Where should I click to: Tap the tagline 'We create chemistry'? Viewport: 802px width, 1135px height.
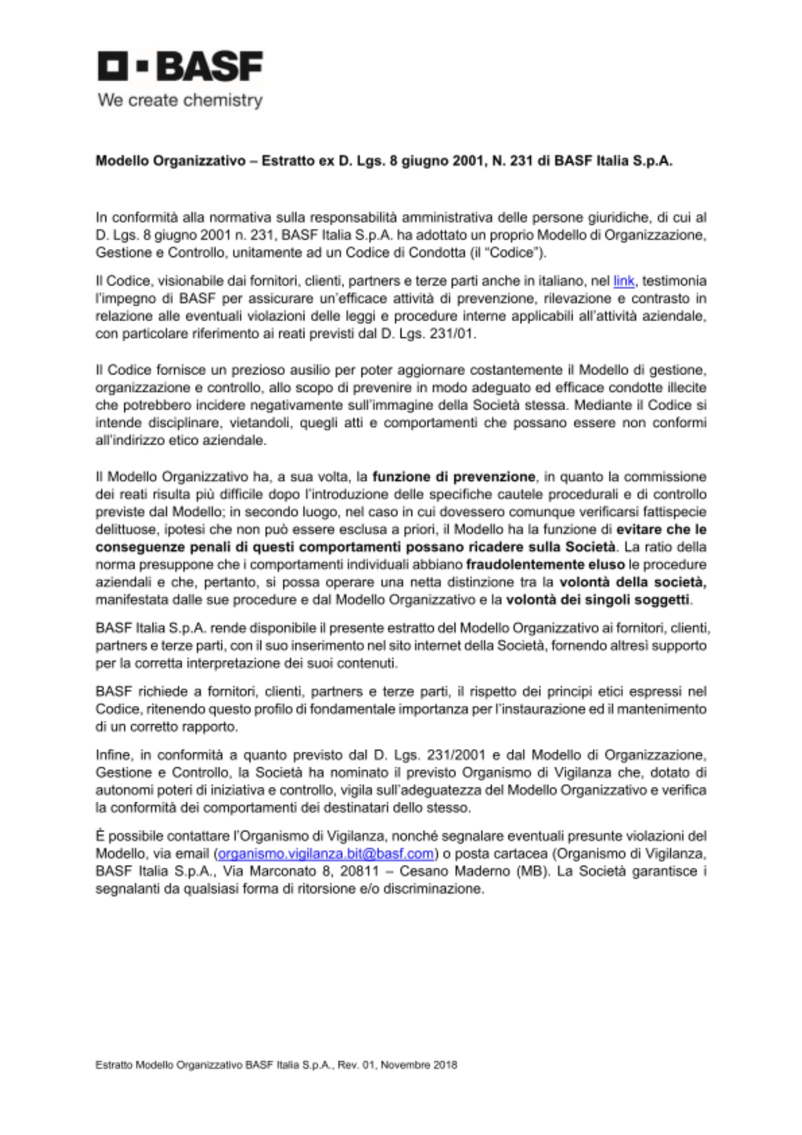[180, 100]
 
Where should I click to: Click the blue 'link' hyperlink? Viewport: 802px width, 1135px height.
[623, 281]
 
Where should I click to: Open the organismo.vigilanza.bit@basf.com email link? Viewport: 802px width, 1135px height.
[326, 854]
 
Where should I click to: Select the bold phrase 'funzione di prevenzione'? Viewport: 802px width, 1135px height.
[454, 476]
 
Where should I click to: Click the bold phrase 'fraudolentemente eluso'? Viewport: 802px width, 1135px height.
[545, 565]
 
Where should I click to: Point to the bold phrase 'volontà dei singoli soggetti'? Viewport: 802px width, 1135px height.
[597, 600]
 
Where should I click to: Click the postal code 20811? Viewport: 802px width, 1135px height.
[362, 871]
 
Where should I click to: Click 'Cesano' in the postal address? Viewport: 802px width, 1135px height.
[421, 871]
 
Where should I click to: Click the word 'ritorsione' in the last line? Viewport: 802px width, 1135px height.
[327, 889]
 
